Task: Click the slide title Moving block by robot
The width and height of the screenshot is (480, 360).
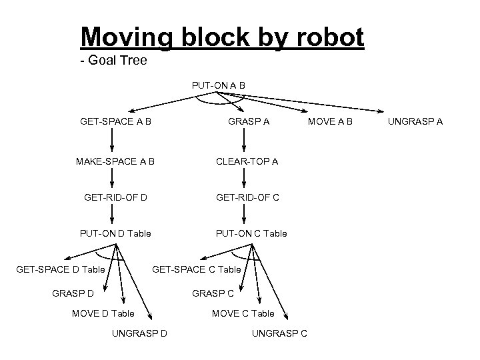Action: click(221, 38)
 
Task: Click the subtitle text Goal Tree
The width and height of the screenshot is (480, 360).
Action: click(113, 61)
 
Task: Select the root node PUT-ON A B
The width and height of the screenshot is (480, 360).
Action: click(218, 85)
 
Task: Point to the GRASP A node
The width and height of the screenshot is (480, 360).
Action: click(249, 122)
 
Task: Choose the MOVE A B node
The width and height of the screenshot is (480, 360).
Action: click(330, 122)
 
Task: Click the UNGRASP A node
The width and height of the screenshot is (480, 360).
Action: click(415, 122)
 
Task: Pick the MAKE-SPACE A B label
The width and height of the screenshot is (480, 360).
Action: click(117, 161)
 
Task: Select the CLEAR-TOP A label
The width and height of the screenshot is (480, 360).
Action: click(247, 161)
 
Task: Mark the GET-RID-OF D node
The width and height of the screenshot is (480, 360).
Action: click(116, 197)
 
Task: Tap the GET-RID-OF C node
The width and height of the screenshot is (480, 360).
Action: click(247, 197)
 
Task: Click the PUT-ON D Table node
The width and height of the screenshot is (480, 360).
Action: click(115, 233)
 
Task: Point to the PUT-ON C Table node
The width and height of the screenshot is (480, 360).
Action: click(251, 233)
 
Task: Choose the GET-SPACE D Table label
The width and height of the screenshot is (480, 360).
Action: click(60, 269)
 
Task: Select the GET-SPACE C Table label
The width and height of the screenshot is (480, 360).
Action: click(197, 269)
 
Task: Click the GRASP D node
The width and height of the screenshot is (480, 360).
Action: click(72, 292)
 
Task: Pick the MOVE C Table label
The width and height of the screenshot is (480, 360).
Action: click(243, 313)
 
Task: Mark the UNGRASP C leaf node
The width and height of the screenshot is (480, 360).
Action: click(279, 333)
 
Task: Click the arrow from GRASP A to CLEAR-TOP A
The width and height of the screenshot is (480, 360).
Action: click(245, 141)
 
